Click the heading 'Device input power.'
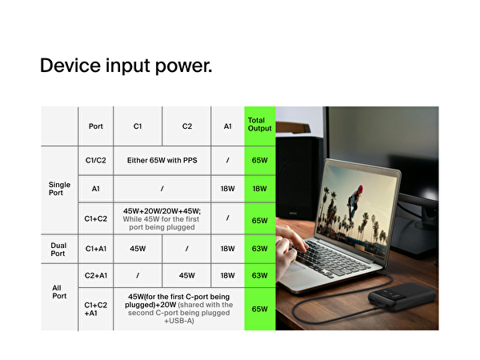[126, 66]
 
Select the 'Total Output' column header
[259, 125]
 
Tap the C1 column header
[138, 126]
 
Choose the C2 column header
[187, 126]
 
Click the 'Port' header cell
[96, 126]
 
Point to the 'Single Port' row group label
[59, 190]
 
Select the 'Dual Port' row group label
[59, 249]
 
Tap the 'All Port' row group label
[59, 290]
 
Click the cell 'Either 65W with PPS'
[162, 160]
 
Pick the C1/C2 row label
[96, 160]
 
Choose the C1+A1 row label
[96, 249]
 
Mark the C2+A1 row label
[96, 275]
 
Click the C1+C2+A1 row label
[96, 310]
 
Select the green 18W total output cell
[259, 190]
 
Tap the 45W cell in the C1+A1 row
[138, 249]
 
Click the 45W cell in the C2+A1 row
[187, 275]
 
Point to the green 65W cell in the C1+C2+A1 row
[259, 309]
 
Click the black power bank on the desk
[400, 305]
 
